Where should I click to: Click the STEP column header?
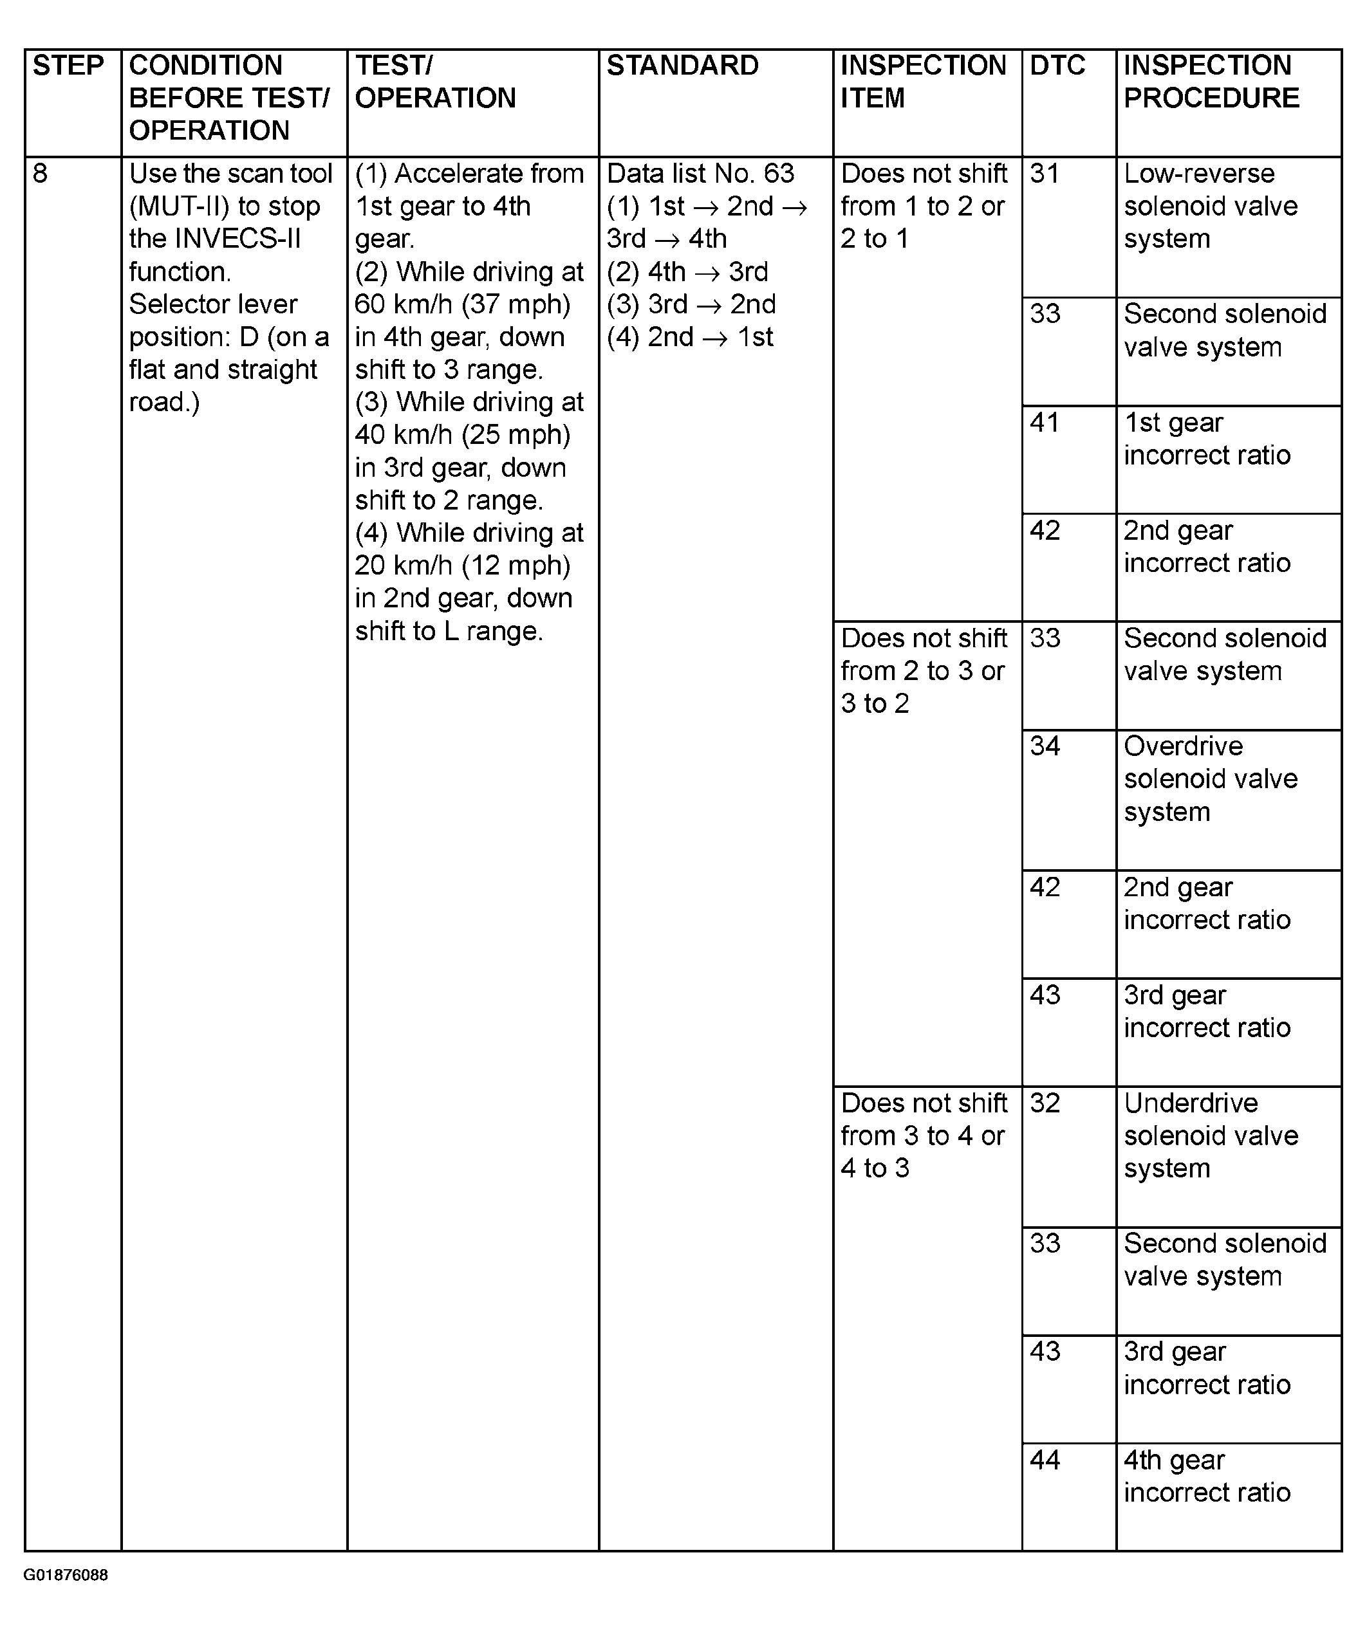[68, 66]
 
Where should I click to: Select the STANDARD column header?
[682, 66]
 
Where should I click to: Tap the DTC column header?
[1057, 66]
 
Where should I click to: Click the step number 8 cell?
[41, 173]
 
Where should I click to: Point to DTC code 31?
[1045, 173]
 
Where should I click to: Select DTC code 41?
[1045, 423]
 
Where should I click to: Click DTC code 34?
[1045, 746]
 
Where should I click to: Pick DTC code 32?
[1045, 1103]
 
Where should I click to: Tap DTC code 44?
[1045, 1460]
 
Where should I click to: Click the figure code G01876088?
[65, 1576]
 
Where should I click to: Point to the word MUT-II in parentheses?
[178, 207]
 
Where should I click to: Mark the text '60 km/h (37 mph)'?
[462, 304]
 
